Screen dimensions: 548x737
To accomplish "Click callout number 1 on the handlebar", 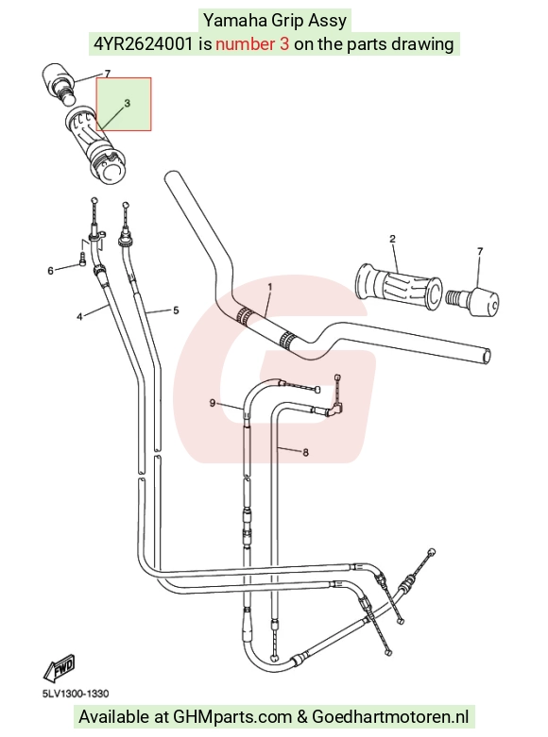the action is point(270,286).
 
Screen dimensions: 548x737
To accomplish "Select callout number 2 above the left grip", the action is point(393,239).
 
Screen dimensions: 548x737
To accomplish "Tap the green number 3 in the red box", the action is point(128,103).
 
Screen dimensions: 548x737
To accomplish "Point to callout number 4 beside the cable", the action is point(79,317).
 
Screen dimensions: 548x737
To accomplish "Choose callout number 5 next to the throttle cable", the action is point(176,310).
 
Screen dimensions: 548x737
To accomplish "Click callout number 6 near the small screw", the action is point(50,271).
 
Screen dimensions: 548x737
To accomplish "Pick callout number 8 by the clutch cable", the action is point(305,452).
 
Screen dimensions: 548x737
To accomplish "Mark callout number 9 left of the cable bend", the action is point(213,403).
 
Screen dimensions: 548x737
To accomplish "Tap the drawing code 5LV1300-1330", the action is point(76,694).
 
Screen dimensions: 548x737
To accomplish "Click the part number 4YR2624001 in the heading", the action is point(143,44).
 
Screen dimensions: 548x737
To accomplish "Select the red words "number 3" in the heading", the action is point(252,44).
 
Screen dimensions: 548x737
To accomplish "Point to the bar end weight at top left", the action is point(60,82).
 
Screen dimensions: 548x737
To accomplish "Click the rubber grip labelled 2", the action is point(399,286).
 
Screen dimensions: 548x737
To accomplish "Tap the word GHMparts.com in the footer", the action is point(232,717).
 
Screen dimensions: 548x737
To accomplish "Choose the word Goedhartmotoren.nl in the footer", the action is point(390,717).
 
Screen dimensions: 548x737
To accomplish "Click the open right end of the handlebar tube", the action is point(488,357).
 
